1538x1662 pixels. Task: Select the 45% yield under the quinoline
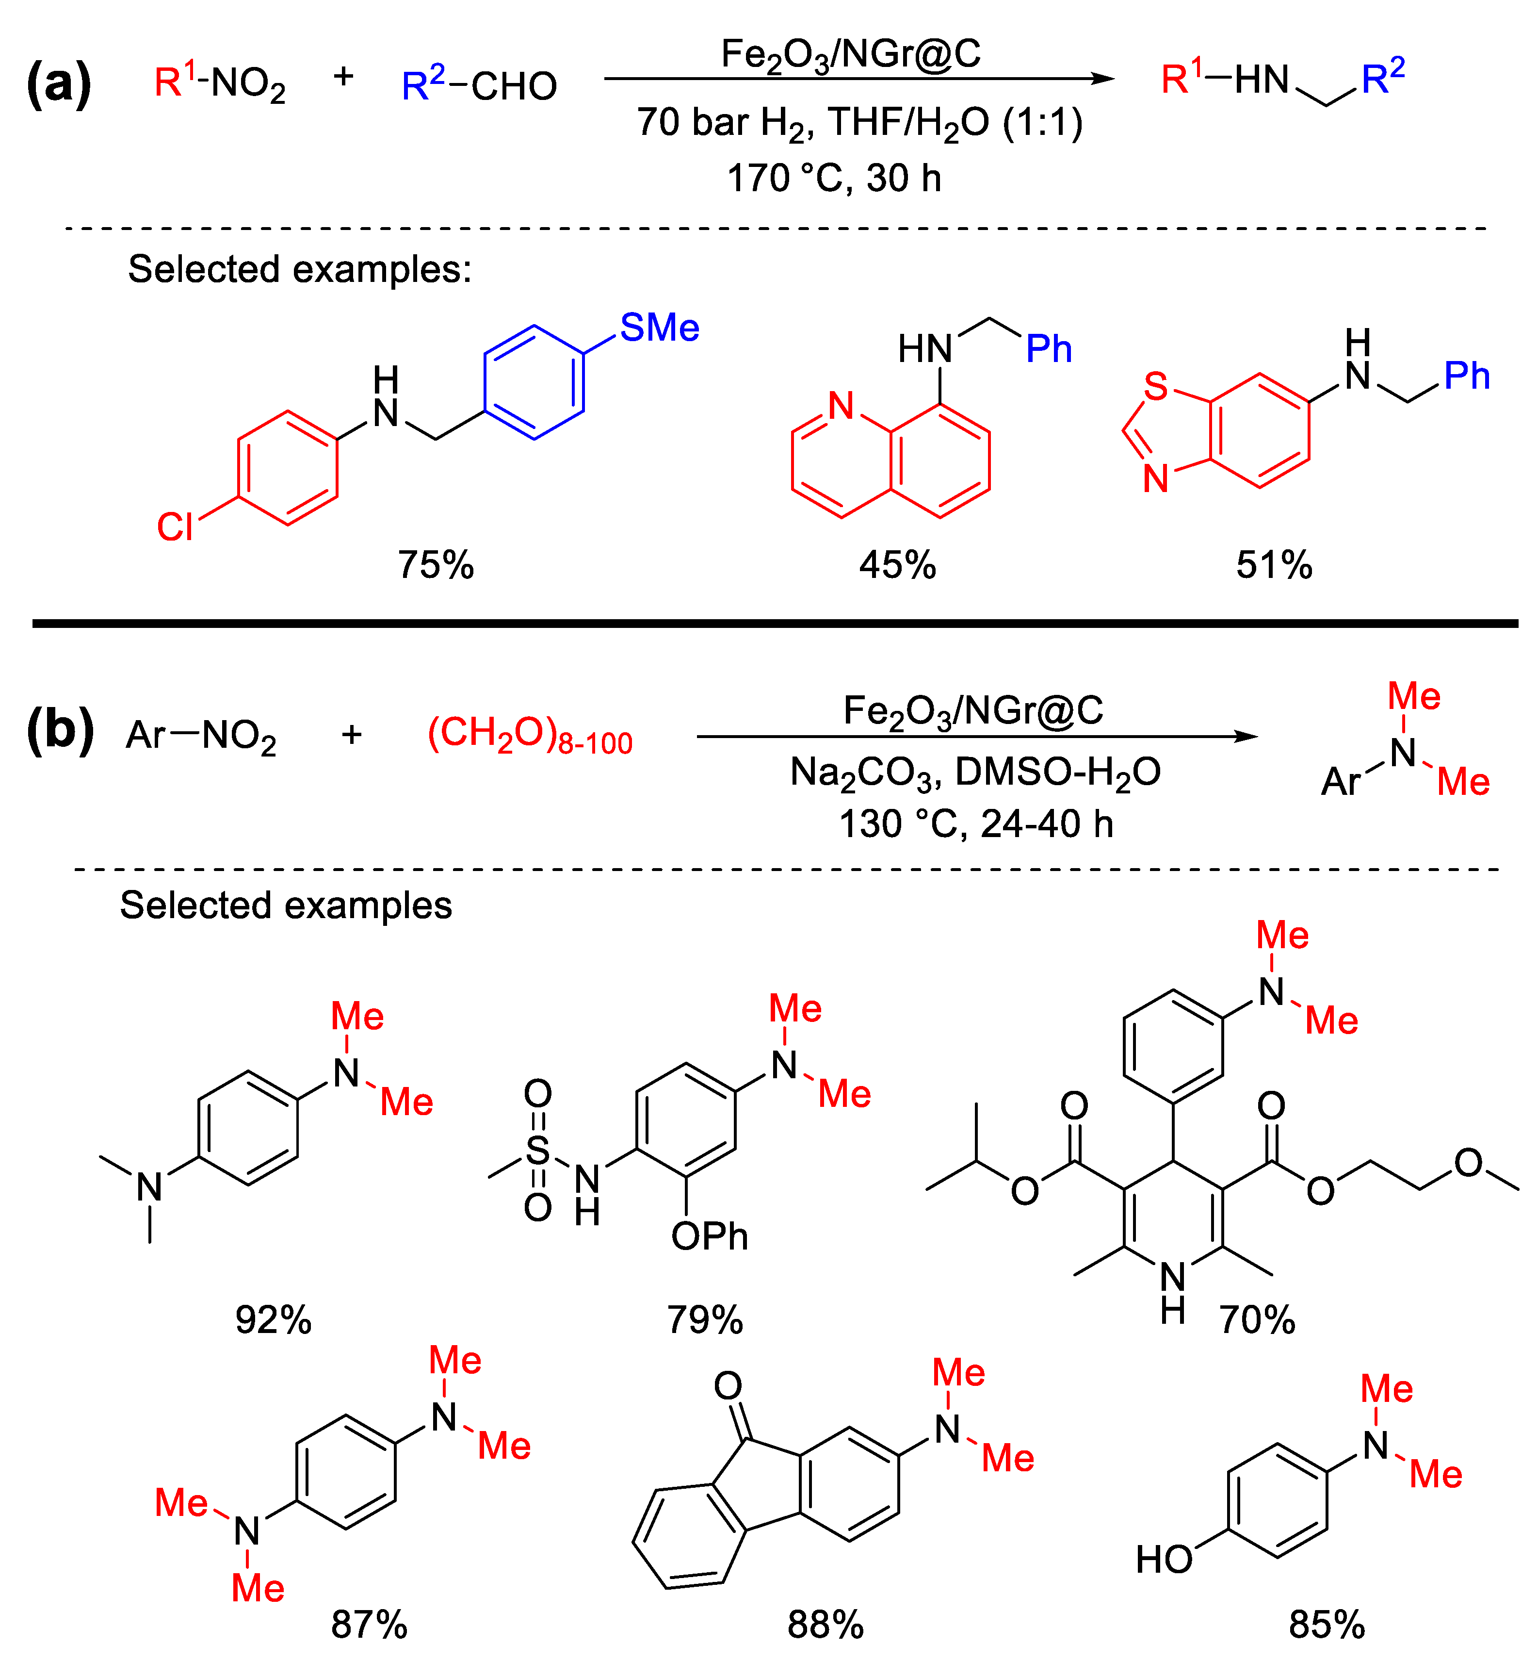pyautogui.click(x=897, y=565)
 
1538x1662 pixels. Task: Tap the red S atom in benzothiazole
pyautogui.click(x=1155, y=386)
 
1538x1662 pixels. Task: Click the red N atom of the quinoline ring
pyautogui.click(x=842, y=406)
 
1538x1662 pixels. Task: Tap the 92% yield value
pyautogui.click(x=273, y=1320)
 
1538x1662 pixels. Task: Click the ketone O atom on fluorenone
pyautogui.click(x=728, y=1386)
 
